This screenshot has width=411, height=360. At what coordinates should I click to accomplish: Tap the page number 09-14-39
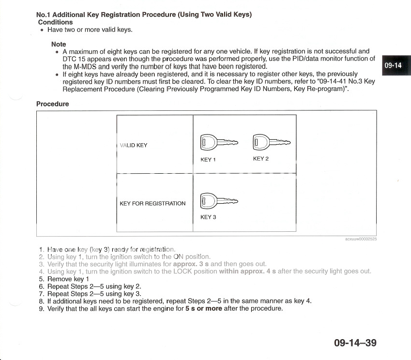(x=355, y=343)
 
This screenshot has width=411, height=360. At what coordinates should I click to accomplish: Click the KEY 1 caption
(x=208, y=159)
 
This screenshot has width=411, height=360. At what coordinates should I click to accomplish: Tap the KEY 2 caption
(x=260, y=159)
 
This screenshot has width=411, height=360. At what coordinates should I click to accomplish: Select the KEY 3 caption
(x=208, y=217)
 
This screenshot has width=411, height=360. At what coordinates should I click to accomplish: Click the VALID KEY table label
(x=134, y=145)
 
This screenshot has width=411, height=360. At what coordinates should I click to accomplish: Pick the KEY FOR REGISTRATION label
(x=152, y=204)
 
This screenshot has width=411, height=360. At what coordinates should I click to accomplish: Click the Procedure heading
(x=53, y=104)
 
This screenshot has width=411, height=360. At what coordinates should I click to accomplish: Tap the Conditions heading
(x=55, y=22)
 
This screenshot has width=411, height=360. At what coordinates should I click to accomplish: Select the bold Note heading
(x=59, y=44)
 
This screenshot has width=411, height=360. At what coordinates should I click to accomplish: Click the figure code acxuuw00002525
(x=361, y=239)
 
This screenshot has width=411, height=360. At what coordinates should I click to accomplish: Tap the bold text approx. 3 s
(x=191, y=264)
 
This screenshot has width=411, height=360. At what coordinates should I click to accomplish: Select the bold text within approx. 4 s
(x=247, y=271)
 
